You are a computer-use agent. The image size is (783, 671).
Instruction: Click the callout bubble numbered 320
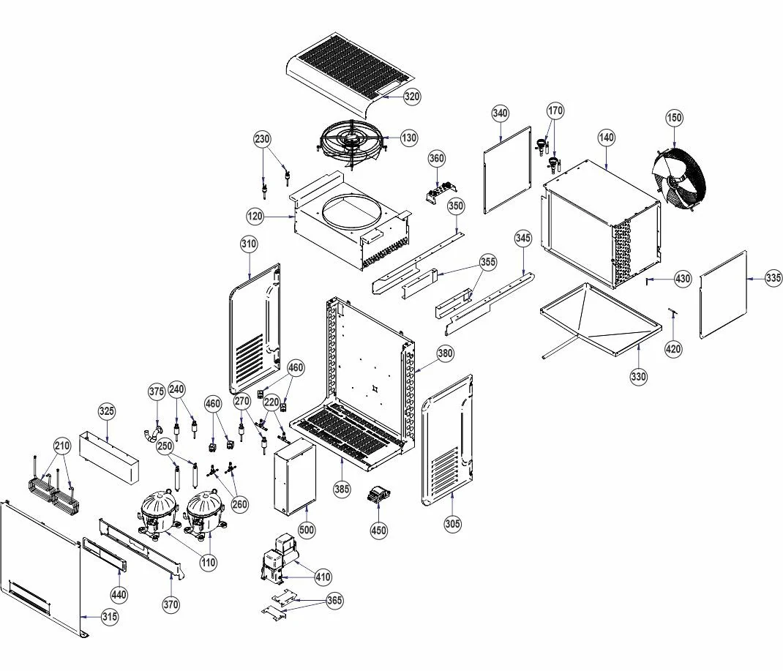[412, 97]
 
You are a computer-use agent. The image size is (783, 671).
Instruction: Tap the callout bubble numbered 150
[674, 118]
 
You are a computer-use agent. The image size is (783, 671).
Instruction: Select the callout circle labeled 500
[307, 530]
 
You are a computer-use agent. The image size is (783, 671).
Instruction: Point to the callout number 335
[773, 277]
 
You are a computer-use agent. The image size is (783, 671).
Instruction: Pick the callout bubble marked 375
[157, 391]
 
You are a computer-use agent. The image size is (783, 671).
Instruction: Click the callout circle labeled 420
[673, 348]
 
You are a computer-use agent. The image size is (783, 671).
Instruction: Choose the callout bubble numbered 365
[334, 599]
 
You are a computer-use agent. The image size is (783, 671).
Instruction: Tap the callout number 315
[110, 617]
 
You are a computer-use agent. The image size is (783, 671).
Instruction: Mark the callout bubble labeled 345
[522, 238]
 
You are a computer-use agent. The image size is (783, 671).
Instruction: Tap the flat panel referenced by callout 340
[507, 170]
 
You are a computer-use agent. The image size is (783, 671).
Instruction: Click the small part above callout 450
[378, 495]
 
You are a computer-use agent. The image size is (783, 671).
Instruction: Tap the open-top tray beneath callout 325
[109, 457]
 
